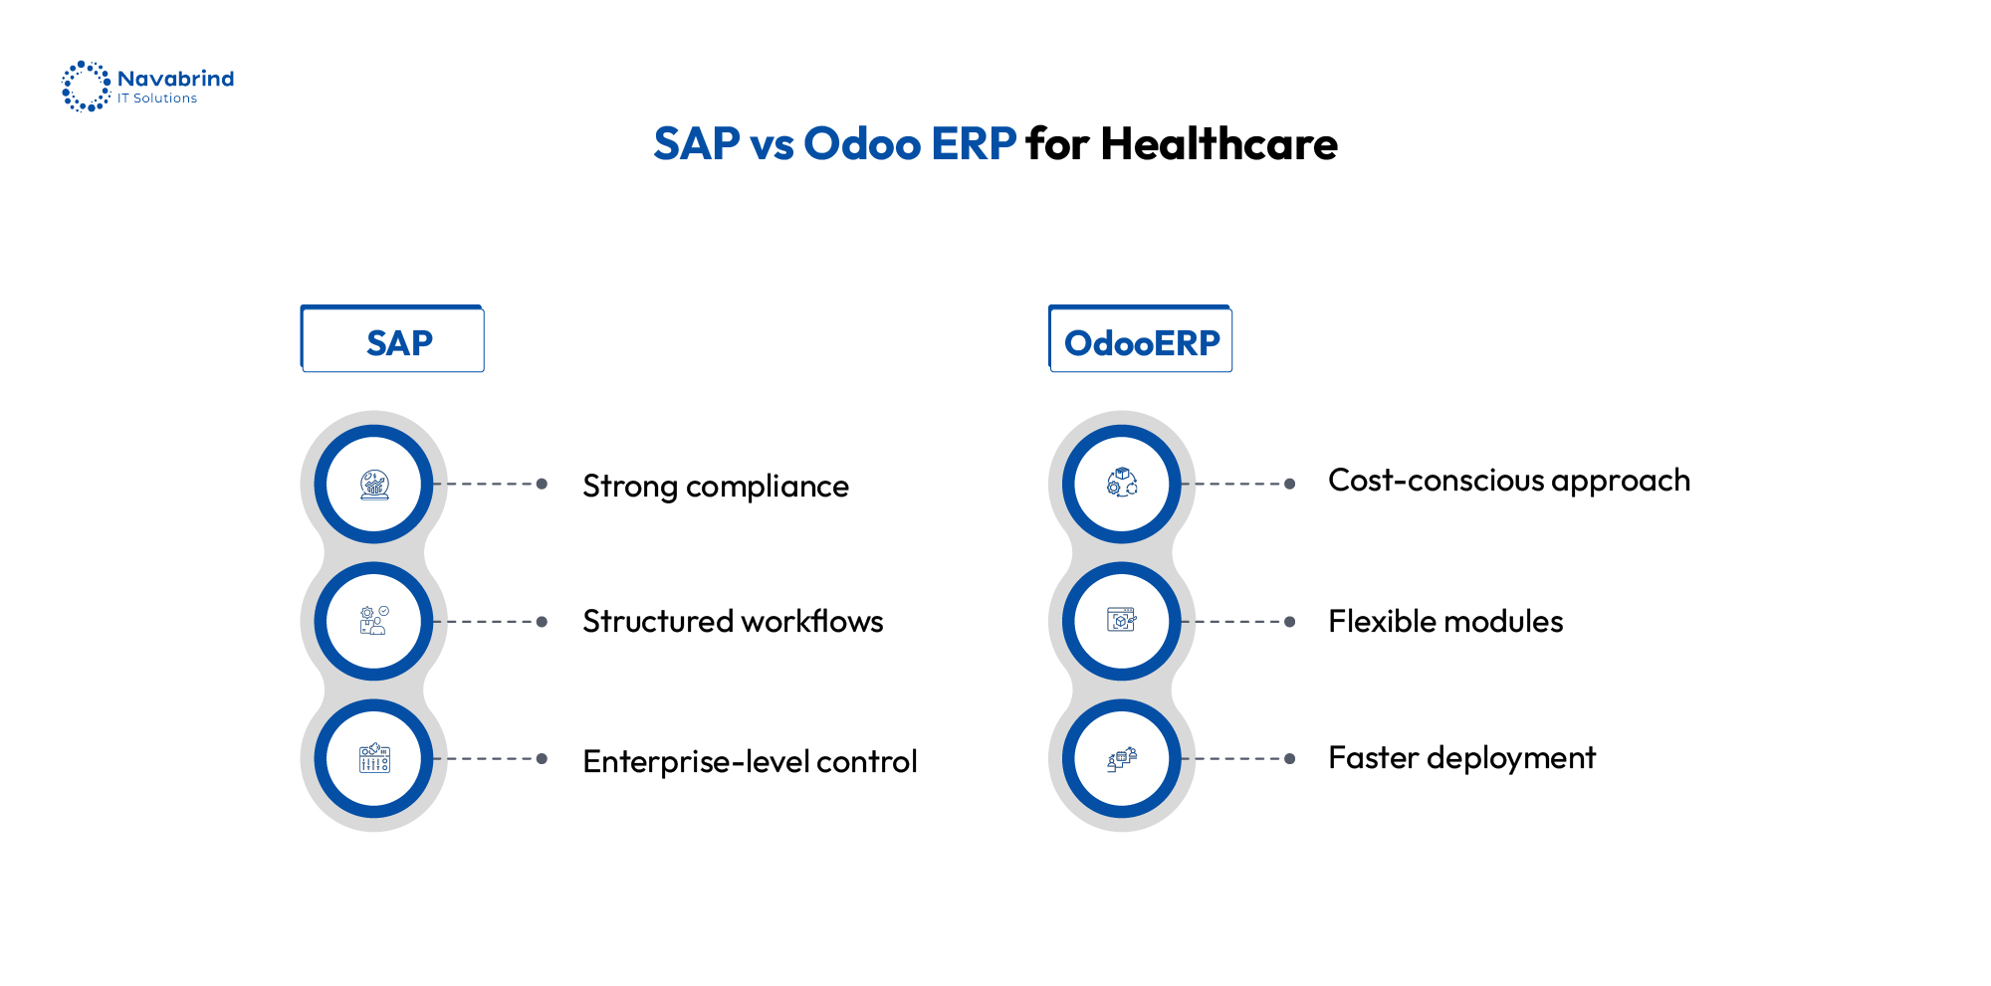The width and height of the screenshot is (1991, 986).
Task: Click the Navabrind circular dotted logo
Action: point(86,87)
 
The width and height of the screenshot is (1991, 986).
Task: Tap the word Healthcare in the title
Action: point(1218,144)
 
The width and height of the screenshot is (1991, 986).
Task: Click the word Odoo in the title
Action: point(861,144)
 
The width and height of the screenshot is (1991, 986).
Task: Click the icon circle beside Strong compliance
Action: point(374,485)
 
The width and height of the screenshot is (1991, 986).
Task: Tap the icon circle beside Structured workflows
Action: point(374,622)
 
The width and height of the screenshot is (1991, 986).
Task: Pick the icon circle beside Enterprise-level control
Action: point(374,759)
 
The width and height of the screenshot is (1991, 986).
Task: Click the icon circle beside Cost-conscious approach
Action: point(1122,485)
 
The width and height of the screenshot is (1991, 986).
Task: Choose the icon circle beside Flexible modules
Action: point(1122,622)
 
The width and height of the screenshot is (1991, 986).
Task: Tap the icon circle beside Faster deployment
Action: point(1122,759)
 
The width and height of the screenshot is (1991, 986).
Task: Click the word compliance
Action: point(768,488)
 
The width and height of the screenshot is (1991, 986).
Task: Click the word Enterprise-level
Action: point(696,762)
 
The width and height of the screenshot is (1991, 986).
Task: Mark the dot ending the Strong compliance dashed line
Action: point(542,485)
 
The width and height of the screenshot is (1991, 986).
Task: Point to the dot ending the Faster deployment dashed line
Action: point(1290,759)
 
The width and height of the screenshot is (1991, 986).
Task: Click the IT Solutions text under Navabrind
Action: point(157,99)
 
